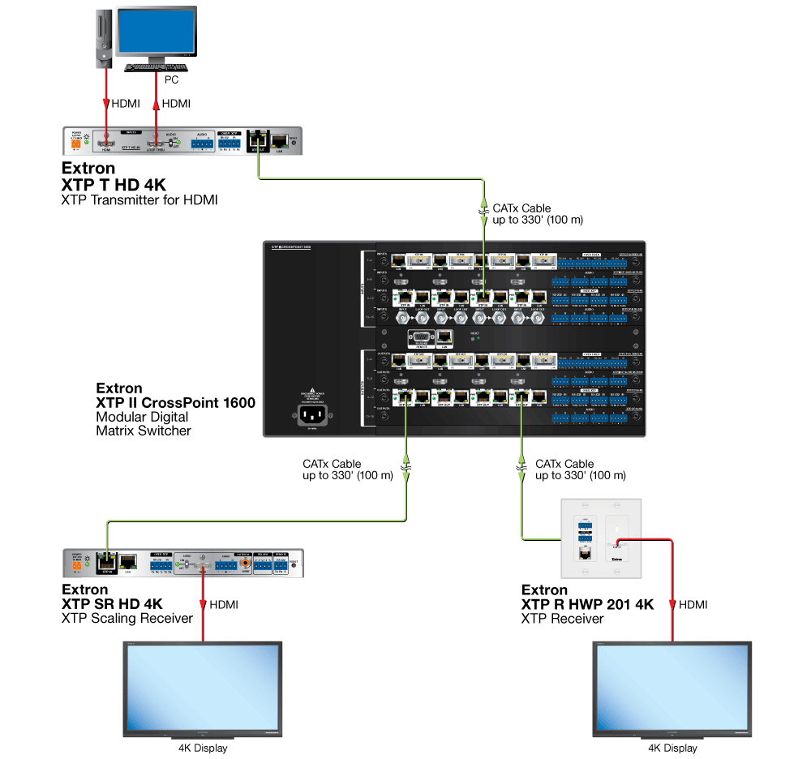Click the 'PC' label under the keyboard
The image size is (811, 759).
pyautogui.click(x=171, y=80)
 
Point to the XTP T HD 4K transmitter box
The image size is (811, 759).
pyautogui.click(x=182, y=141)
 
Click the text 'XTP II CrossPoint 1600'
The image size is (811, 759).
pyautogui.click(x=175, y=403)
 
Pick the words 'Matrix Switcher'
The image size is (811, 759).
pyautogui.click(x=144, y=431)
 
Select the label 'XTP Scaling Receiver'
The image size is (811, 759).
pyautogui.click(x=127, y=619)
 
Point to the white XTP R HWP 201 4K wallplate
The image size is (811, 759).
pyautogui.click(x=601, y=538)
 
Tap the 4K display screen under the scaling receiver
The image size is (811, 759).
pyautogui.click(x=201, y=688)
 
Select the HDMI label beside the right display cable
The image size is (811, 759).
pyautogui.click(x=693, y=605)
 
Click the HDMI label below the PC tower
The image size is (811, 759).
pyautogui.click(x=126, y=104)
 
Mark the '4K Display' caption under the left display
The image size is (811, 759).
pyautogui.click(x=203, y=748)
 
